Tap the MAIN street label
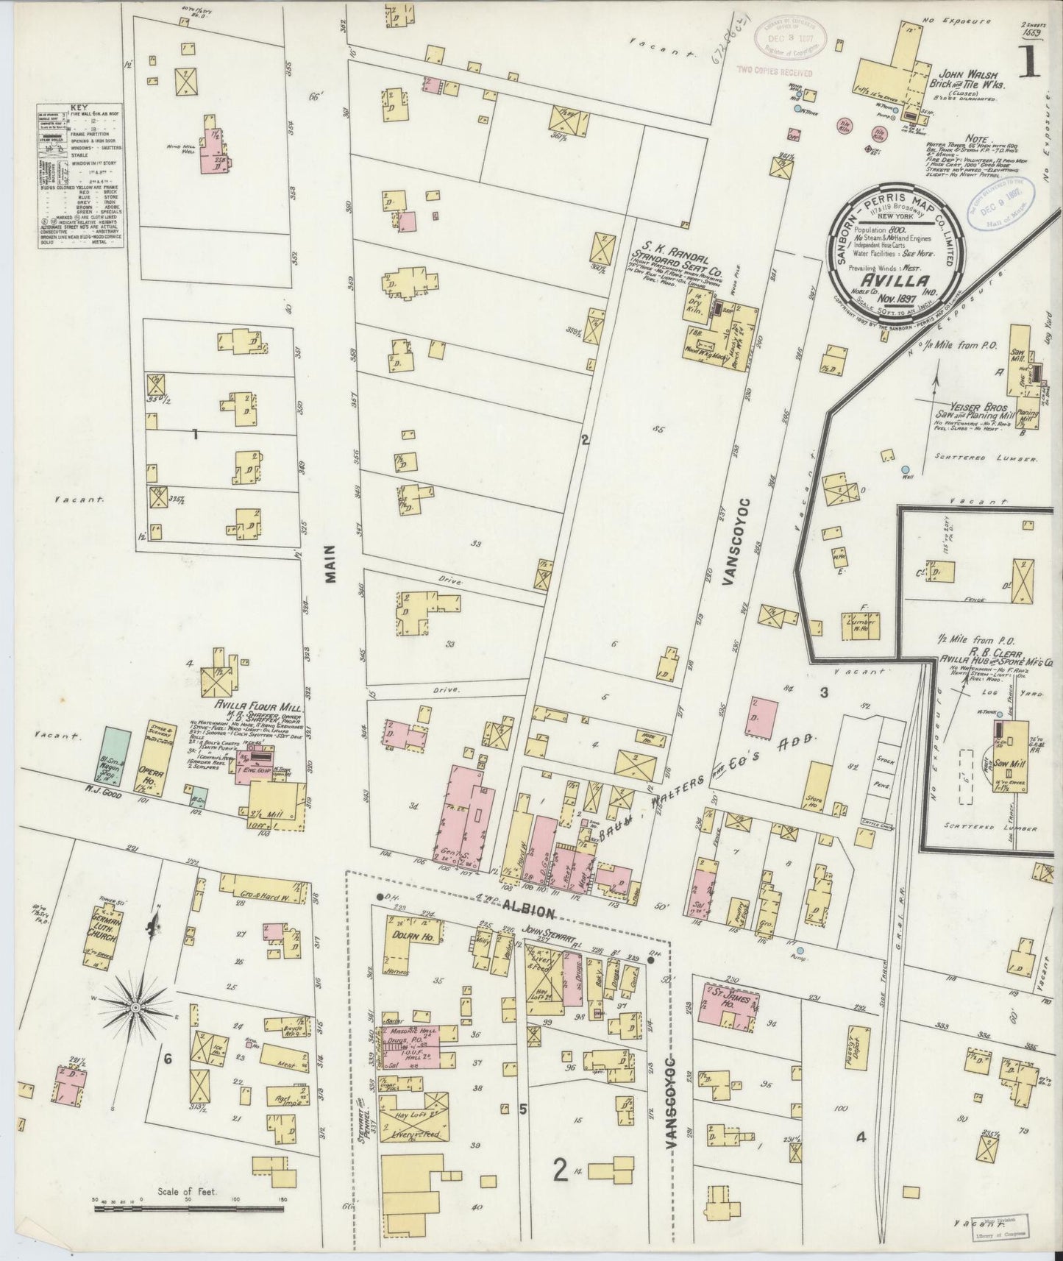[330, 564]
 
